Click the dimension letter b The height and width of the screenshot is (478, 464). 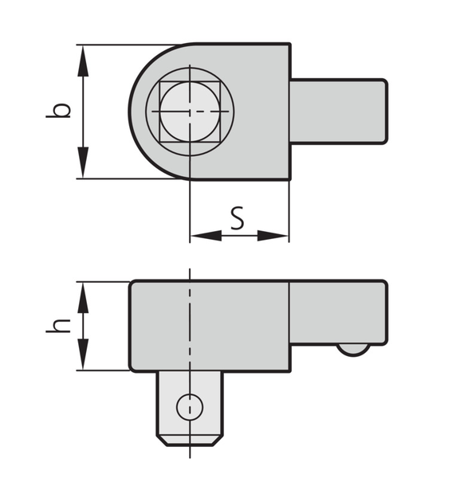58,111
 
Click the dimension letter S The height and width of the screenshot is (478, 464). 237,218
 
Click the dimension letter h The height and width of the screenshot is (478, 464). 58,326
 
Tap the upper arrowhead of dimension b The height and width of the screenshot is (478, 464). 83,61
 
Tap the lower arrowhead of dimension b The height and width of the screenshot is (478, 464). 83,163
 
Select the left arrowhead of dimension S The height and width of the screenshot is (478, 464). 206,236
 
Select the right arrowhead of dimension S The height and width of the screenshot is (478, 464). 273,236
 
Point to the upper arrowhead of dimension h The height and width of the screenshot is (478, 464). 83,298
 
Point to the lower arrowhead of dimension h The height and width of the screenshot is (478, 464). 83,355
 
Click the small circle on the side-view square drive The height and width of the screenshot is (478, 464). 190,407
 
